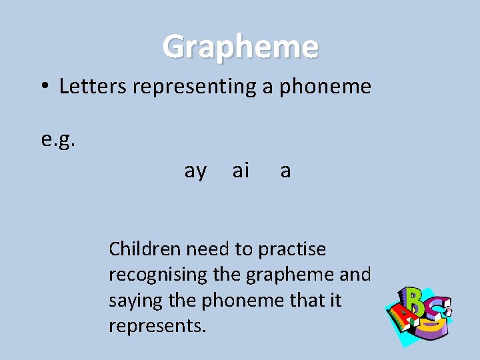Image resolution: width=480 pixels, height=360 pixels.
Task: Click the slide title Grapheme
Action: coord(241,47)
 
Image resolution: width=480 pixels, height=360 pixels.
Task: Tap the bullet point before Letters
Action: coord(43,87)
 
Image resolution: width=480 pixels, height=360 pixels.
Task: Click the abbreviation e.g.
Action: coord(58,141)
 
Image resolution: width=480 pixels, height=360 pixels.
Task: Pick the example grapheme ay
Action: coord(195,171)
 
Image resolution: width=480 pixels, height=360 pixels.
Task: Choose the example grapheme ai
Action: coord(241,171)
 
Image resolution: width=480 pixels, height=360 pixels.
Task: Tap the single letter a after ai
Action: coord(285,172)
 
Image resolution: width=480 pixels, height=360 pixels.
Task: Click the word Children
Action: coord(145,249)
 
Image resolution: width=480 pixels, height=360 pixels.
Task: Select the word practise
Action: coord(292,250)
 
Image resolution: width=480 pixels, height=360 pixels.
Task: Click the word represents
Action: coord(158,327)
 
